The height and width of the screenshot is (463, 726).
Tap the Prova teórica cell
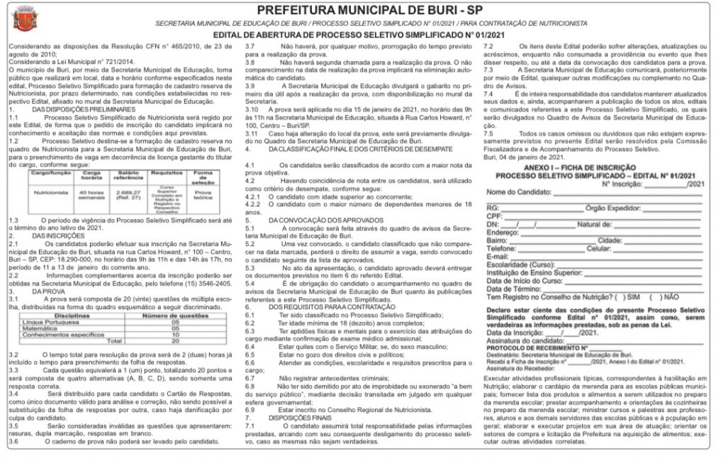coord(203,192)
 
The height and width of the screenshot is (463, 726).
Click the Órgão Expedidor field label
coord(613,208)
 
